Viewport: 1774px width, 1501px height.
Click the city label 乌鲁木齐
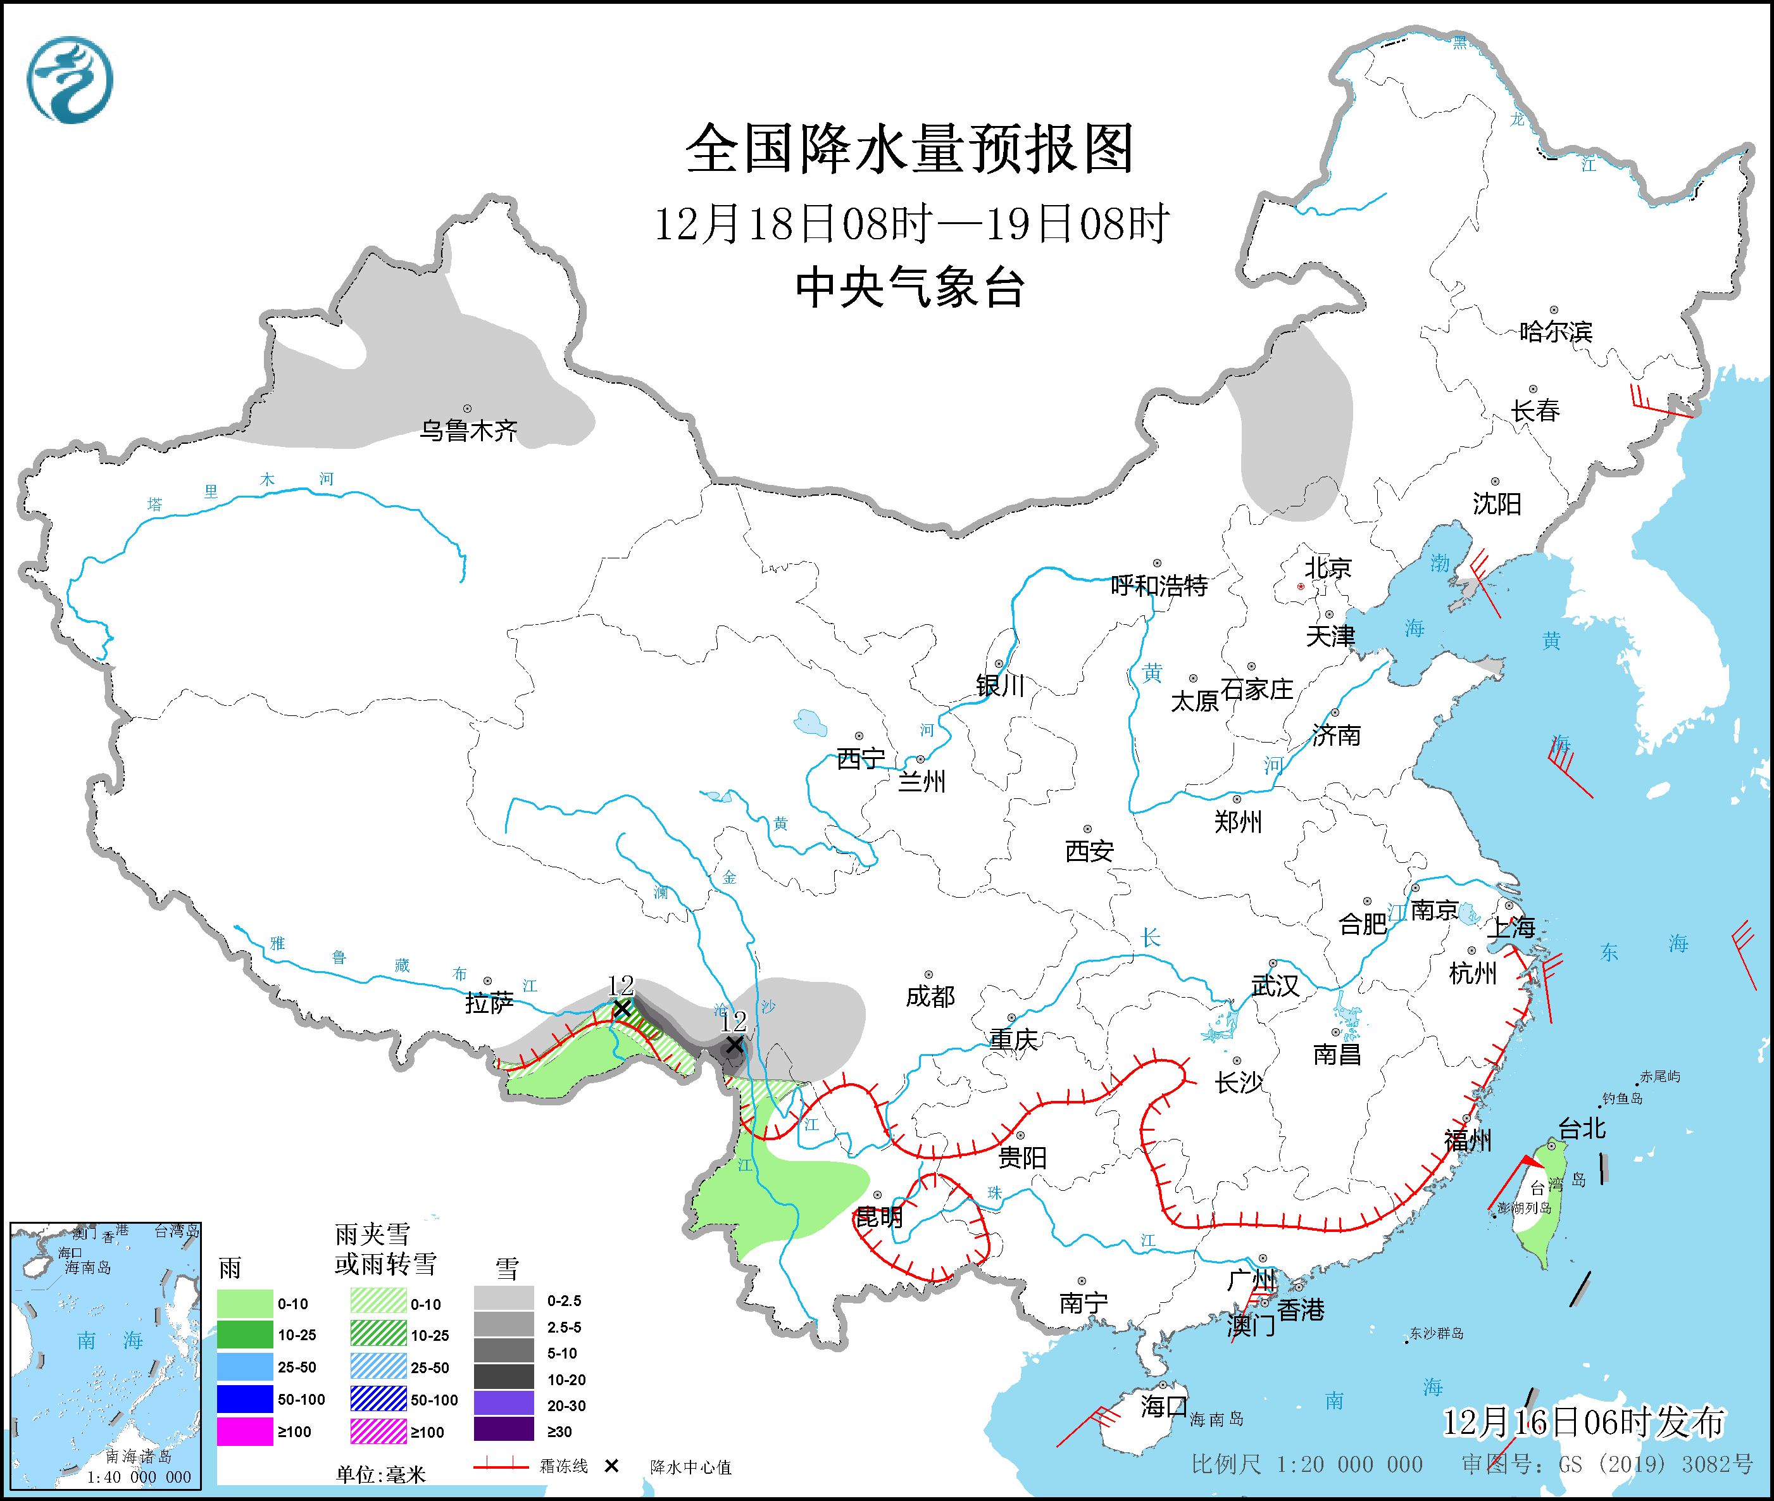[x=469, y=431]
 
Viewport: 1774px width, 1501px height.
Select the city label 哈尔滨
[x=1555, y=331]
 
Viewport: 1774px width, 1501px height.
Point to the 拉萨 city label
[x=489, y=1003]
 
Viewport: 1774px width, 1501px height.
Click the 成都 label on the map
[x=930, y=996]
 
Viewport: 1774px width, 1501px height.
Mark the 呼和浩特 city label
[x=1159, y=586]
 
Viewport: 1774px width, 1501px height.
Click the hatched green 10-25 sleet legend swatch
[x=378, y=1335]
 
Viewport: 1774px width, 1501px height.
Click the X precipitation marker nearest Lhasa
[x=622, y=1008]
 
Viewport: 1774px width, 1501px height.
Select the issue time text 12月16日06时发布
[x=1583, y=1422]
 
